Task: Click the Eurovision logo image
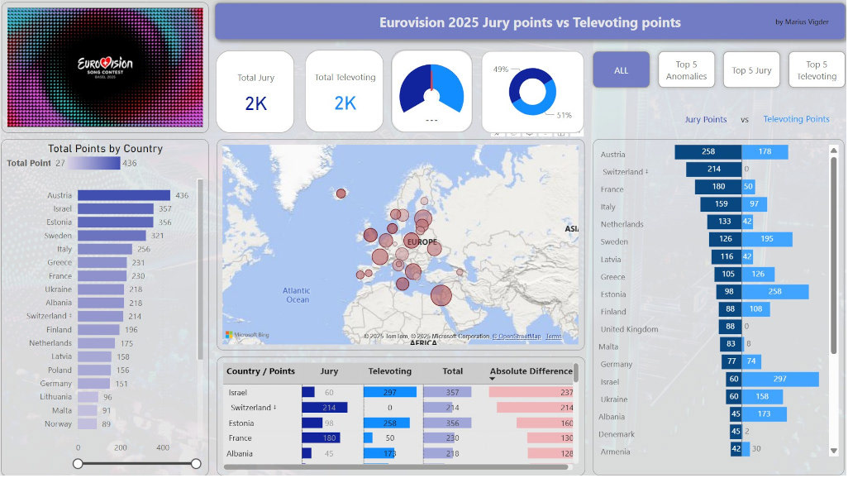point(105,67)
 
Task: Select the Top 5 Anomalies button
point(687,70)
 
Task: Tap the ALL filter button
point(621,70)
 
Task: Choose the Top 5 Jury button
point(751,70)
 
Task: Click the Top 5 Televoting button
point(817,70)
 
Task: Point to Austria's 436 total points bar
point(124,196)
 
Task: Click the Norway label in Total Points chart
point(58,424)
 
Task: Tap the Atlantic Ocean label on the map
point(297,294)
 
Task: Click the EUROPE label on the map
point(422,242)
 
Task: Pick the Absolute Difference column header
point(531,371)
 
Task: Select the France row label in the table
point(241,438)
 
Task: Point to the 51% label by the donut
point(564,115)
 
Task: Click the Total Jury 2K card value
point(255,103)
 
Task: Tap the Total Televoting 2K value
point(345,103)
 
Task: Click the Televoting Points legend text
point(796,119)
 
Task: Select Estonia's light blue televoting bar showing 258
point(775,294)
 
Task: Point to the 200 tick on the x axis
point(121,448)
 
